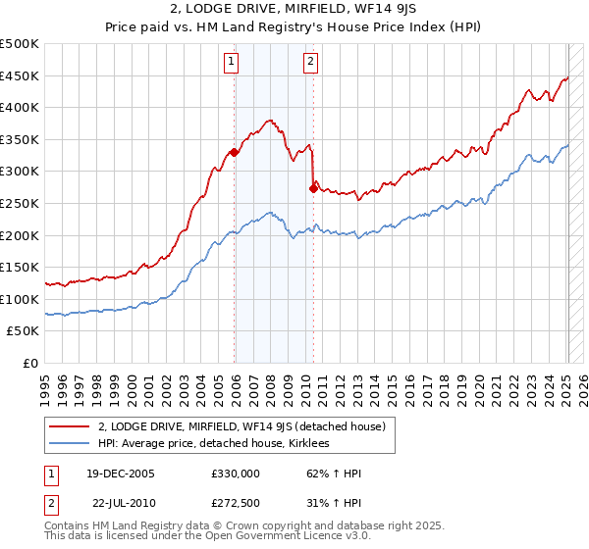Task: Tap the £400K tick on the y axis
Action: click(20, 108)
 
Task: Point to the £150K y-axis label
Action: click(20, 268)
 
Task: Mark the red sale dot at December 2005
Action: click(235, 152)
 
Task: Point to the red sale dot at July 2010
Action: click(313, 189)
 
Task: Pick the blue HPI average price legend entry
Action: click(216, 444)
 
